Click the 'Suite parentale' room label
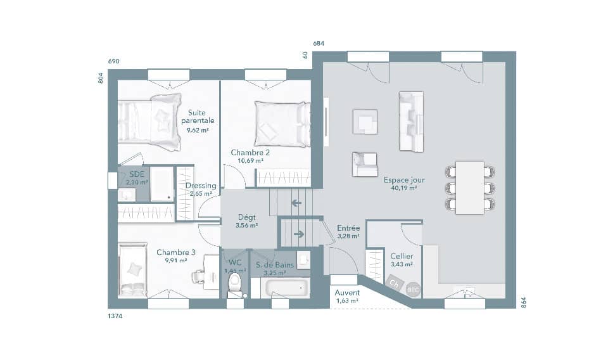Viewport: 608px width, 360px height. coord(198,116)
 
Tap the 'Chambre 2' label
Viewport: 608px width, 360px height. coord(250,153)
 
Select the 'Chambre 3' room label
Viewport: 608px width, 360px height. coord(176,252)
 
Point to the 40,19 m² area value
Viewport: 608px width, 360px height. coord(404,188)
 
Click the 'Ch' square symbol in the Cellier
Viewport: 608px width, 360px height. coord(394,283)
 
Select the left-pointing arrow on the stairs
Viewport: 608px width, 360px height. coord(296,203)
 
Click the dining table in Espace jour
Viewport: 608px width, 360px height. coord(469,188)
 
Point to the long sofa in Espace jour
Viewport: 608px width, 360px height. coord(410,122)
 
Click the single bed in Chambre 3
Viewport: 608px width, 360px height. coord(133,271)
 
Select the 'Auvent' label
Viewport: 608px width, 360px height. coord(348,293)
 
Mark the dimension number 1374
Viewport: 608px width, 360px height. coord(115,315)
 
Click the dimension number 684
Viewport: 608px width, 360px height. coord(319,43)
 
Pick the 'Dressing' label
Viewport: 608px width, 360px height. coord(201,186)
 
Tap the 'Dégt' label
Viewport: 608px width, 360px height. coord(246,217)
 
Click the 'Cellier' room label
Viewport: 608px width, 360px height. coord(402,256)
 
